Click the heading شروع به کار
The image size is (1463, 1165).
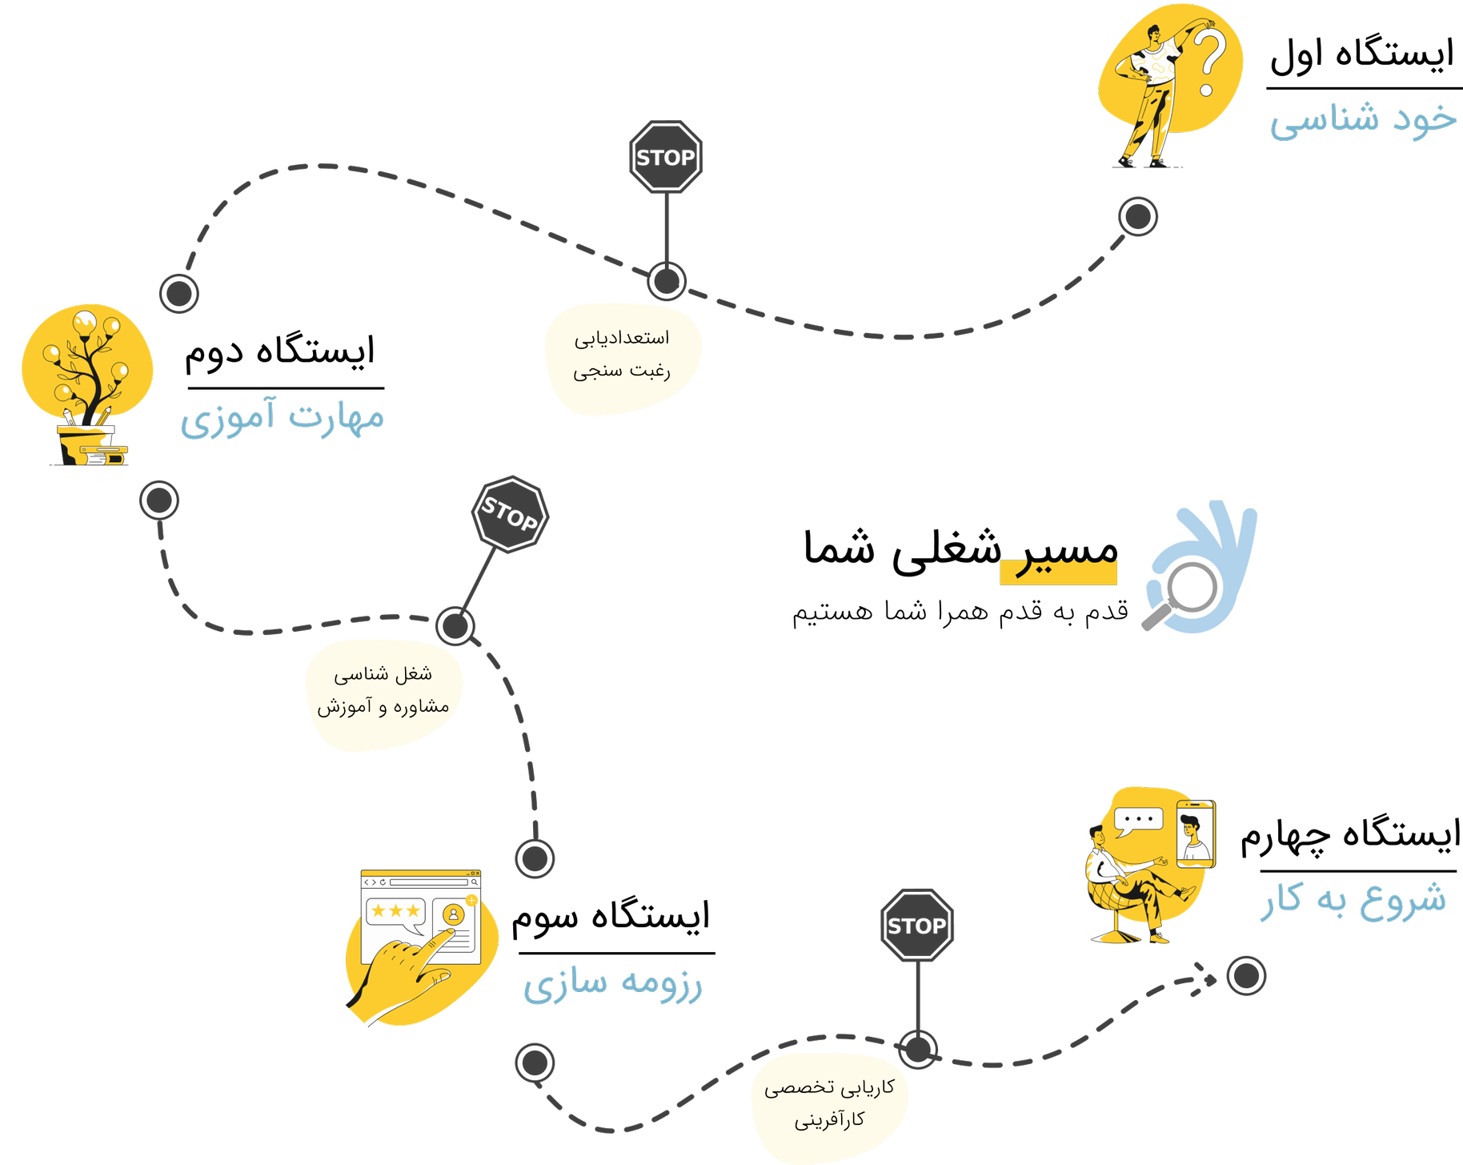(x=1353, y=899)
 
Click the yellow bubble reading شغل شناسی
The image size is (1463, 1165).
(x=383, y=693)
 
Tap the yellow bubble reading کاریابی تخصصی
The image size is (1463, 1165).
(x=829, y=1105)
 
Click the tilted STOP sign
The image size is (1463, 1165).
(x=510, y=515)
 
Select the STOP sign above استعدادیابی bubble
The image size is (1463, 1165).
(x=666, y=157)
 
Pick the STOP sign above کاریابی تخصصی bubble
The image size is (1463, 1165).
(x=917, y=926)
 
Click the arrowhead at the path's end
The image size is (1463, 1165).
(x=1205, y=978)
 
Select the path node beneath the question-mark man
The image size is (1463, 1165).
(x=1137, y=216)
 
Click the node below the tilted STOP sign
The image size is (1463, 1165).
(x=455, y=625)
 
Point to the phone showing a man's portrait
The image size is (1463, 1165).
(x=1195, y=834)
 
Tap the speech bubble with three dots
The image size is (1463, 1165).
(x=1137, y=821)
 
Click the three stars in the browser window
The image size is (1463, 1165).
(x=395, y=910)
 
